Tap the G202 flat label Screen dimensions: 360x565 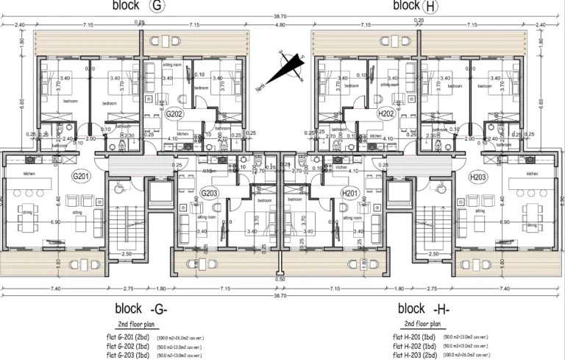174,115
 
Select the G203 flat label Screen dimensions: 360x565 210,193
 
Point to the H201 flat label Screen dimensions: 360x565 349,193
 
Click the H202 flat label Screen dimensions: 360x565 384,115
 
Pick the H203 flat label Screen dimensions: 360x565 479,177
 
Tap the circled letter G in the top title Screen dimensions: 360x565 157,6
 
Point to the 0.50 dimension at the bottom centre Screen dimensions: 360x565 280,279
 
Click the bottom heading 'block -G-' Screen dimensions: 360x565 143,308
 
